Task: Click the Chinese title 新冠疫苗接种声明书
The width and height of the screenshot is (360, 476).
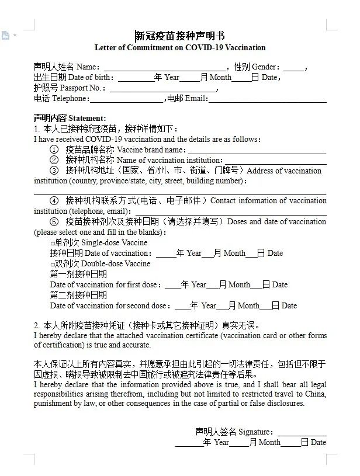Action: [180, 36]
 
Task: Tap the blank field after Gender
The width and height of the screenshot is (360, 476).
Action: [295, 67]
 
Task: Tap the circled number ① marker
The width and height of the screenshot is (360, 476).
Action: [54, 150]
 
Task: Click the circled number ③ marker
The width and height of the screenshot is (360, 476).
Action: [54, 171]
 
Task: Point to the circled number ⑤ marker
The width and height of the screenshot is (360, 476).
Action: [54, 222]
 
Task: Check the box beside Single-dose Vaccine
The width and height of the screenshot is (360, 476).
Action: [53, 243]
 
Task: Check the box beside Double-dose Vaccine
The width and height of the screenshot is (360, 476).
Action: [53, 264]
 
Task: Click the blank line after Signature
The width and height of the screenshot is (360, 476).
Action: [302, 432]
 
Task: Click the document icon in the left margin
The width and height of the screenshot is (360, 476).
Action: [5, 36]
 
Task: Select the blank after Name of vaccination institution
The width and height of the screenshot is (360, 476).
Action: [275, 160]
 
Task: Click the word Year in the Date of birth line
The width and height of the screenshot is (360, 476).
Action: [172, 78]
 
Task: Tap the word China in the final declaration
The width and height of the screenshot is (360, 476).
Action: [313, 394]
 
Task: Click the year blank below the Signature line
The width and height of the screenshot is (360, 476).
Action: [189, 443]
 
